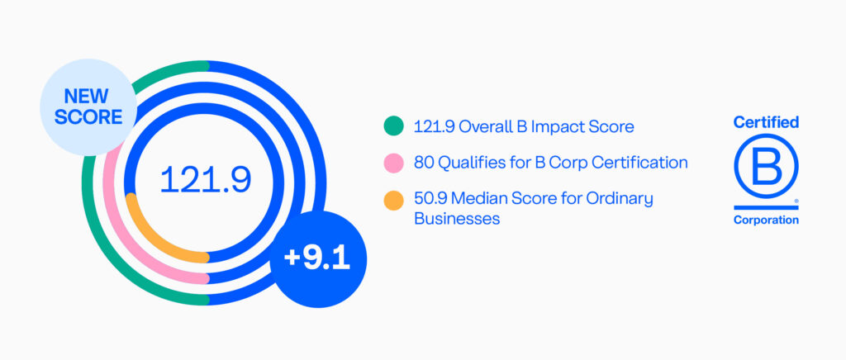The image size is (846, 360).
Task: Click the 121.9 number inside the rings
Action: click(205, 179)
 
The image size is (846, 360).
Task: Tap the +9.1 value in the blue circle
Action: click(317, 258)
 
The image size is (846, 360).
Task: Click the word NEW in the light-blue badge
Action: click(86, 96)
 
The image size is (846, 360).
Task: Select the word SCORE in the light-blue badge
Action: click(88, 117)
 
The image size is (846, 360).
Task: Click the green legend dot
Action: click(393, 126)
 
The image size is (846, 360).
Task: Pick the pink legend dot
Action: click(393, 163)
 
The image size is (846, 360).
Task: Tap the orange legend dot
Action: click(393, 200)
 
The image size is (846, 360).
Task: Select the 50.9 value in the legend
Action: click(430, 199)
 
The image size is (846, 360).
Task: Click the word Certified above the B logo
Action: click(766, 122)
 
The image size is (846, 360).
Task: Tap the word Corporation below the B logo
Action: click(766, 220)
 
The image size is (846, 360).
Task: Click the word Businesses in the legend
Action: click(456, 219)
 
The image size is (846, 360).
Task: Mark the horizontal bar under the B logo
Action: click(766, 207)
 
